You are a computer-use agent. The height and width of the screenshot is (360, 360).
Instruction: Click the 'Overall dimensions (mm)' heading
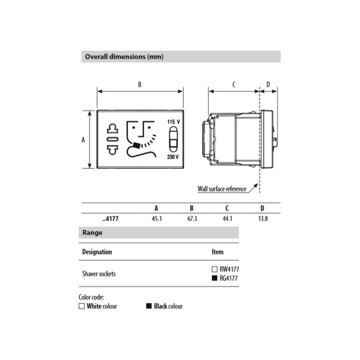click(x=124, y=57)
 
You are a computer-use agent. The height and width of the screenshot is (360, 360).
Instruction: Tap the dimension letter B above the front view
click(x=140, y=85)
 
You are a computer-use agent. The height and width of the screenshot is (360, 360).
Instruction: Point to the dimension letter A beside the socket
click(x=83, y=140)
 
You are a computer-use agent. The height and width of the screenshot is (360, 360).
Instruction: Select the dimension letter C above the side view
click(x=234, y=85)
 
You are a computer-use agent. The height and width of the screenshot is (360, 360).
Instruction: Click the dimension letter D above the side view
click(x=268, y=85)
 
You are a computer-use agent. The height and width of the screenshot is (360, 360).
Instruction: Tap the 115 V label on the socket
click(x=173, y=122)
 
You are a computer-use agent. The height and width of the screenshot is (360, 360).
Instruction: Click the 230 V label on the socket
click(x=173, y=157)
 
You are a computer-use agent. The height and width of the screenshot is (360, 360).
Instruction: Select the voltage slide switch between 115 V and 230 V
click(x=173, y=140)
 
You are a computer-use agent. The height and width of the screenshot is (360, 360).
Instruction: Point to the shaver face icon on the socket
click(x=140, y=139)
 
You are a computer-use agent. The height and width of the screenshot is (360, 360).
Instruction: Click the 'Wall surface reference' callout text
click(x=222, y=189)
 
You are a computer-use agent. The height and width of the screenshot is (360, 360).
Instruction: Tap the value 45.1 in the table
click(x=157, y=219)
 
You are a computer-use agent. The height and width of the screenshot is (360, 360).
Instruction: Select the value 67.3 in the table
click(x=192, y=219)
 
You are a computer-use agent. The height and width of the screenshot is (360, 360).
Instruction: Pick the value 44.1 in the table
click(x=227, y=219)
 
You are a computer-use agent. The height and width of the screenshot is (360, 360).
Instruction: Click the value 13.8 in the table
click(x=263, y=219)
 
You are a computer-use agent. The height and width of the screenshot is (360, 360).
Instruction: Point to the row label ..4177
click(x=108, y=219)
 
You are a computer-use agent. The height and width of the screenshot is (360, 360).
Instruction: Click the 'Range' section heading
click(x=93, y=233)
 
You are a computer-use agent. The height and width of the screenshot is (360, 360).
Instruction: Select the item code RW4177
click(x=229, y=269)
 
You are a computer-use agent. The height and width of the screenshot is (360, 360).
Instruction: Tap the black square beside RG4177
click(x=215, y=278)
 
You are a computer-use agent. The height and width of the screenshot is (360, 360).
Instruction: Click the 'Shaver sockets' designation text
click(x=99, y=274)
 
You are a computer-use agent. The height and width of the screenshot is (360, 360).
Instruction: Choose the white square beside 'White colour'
click(x=82, y=306)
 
